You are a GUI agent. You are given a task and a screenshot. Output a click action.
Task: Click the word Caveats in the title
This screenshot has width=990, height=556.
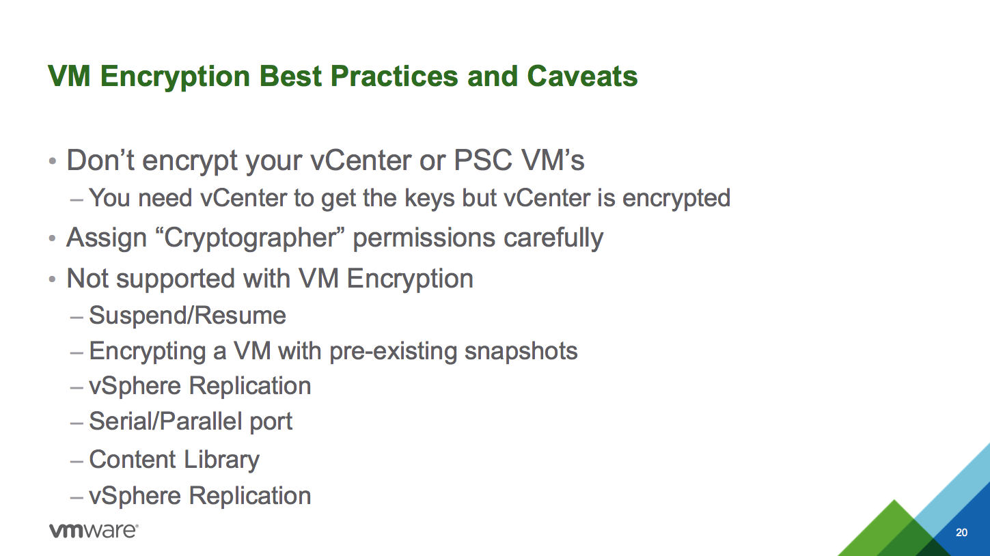click(582, 76)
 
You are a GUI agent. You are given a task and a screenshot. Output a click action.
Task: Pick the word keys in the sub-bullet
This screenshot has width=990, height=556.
click(430, 199)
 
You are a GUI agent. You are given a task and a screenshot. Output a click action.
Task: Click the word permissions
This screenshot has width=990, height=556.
click(424, 238)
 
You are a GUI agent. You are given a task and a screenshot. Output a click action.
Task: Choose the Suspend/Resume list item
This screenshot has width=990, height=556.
click(187, 316)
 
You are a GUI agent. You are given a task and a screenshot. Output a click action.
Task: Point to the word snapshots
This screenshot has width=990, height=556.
click(521, 351)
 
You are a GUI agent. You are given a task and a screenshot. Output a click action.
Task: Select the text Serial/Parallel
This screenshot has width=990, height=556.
click(166, 420)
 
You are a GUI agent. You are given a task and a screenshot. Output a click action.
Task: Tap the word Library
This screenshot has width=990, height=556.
click(221, 460)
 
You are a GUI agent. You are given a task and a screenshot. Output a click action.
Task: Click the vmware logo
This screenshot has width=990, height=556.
click(94, 530)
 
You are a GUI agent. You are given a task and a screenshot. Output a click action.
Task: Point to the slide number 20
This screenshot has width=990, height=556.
click(962, 533)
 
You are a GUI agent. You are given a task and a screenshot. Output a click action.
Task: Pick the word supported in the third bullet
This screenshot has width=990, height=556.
click(176, 279)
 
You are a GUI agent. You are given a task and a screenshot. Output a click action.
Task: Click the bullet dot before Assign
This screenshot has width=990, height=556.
click(52, 238)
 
